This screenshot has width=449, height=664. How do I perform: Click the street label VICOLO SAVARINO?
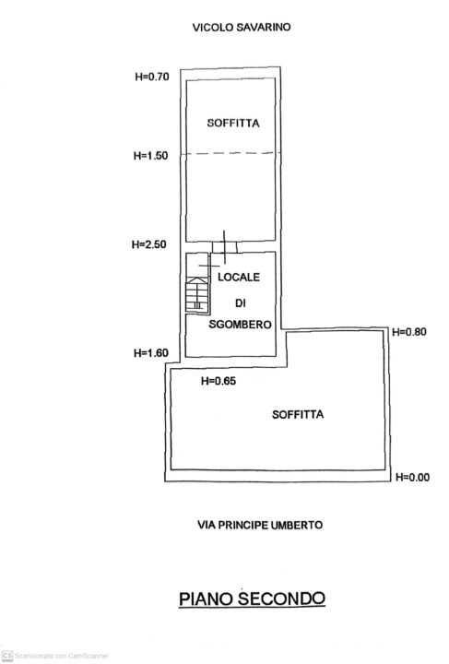(242, 28)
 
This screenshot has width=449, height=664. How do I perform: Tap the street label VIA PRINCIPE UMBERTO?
(260, 525)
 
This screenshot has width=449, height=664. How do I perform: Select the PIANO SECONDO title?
(252, 599)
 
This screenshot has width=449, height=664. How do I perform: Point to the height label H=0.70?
(152, 77)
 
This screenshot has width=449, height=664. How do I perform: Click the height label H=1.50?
(150, 156)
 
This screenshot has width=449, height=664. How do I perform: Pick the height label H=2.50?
(149, 244)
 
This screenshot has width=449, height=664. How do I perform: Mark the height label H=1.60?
(151, 352)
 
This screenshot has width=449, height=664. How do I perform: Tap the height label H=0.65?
(219, 381)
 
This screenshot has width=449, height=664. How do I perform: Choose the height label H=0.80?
(409, 332)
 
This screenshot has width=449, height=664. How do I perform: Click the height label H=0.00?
(413, 478)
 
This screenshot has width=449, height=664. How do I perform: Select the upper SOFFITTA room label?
(233, 124)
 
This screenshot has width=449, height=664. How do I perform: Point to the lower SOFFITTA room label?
(298, 415)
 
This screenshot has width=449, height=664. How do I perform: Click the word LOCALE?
(239, 278)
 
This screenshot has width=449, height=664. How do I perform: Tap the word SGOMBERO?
(240, 325)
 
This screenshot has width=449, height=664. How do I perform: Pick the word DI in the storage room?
(241, 303)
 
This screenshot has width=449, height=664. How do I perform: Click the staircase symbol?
(197, 294)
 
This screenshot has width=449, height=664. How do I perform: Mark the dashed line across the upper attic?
(231, 153)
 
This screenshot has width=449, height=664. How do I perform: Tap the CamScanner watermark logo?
(7, 656)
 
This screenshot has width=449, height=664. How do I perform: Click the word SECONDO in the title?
(282, 599)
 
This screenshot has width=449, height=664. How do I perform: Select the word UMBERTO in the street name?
(297, 525)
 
